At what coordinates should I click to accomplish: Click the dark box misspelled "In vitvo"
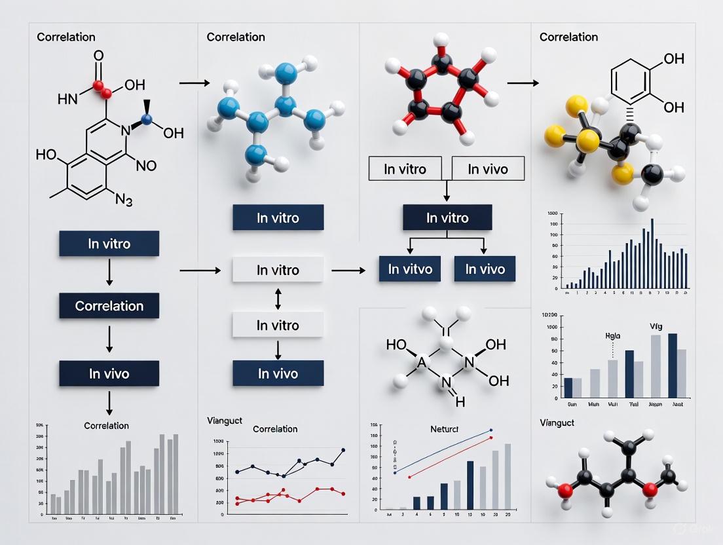point(410,269)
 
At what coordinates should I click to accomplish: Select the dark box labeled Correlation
point(109,306)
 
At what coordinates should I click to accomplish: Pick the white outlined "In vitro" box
point(405,169)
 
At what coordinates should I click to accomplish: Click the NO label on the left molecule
point(145,165)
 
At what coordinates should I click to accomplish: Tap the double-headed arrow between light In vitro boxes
point(278,298)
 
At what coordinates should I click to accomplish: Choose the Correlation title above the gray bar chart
point(106,426)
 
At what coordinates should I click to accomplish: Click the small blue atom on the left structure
point(147,119)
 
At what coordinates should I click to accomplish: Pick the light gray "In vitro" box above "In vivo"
point(278,325)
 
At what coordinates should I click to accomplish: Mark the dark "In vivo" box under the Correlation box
point(109,374)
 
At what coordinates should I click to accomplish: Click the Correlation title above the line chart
point(275,429)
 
